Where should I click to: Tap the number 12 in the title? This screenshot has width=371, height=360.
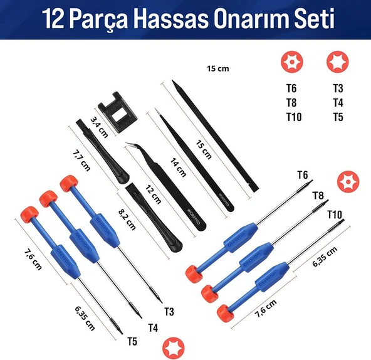point(55,19)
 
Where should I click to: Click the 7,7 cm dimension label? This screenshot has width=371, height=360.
point(81,160)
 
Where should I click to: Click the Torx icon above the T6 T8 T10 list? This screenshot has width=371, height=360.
point(290,63)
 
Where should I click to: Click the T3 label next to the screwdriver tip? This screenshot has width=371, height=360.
point(169,311)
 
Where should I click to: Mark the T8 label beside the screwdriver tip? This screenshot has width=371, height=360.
point(318,196)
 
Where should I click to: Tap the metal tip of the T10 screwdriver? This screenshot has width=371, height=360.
point(338,222)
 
